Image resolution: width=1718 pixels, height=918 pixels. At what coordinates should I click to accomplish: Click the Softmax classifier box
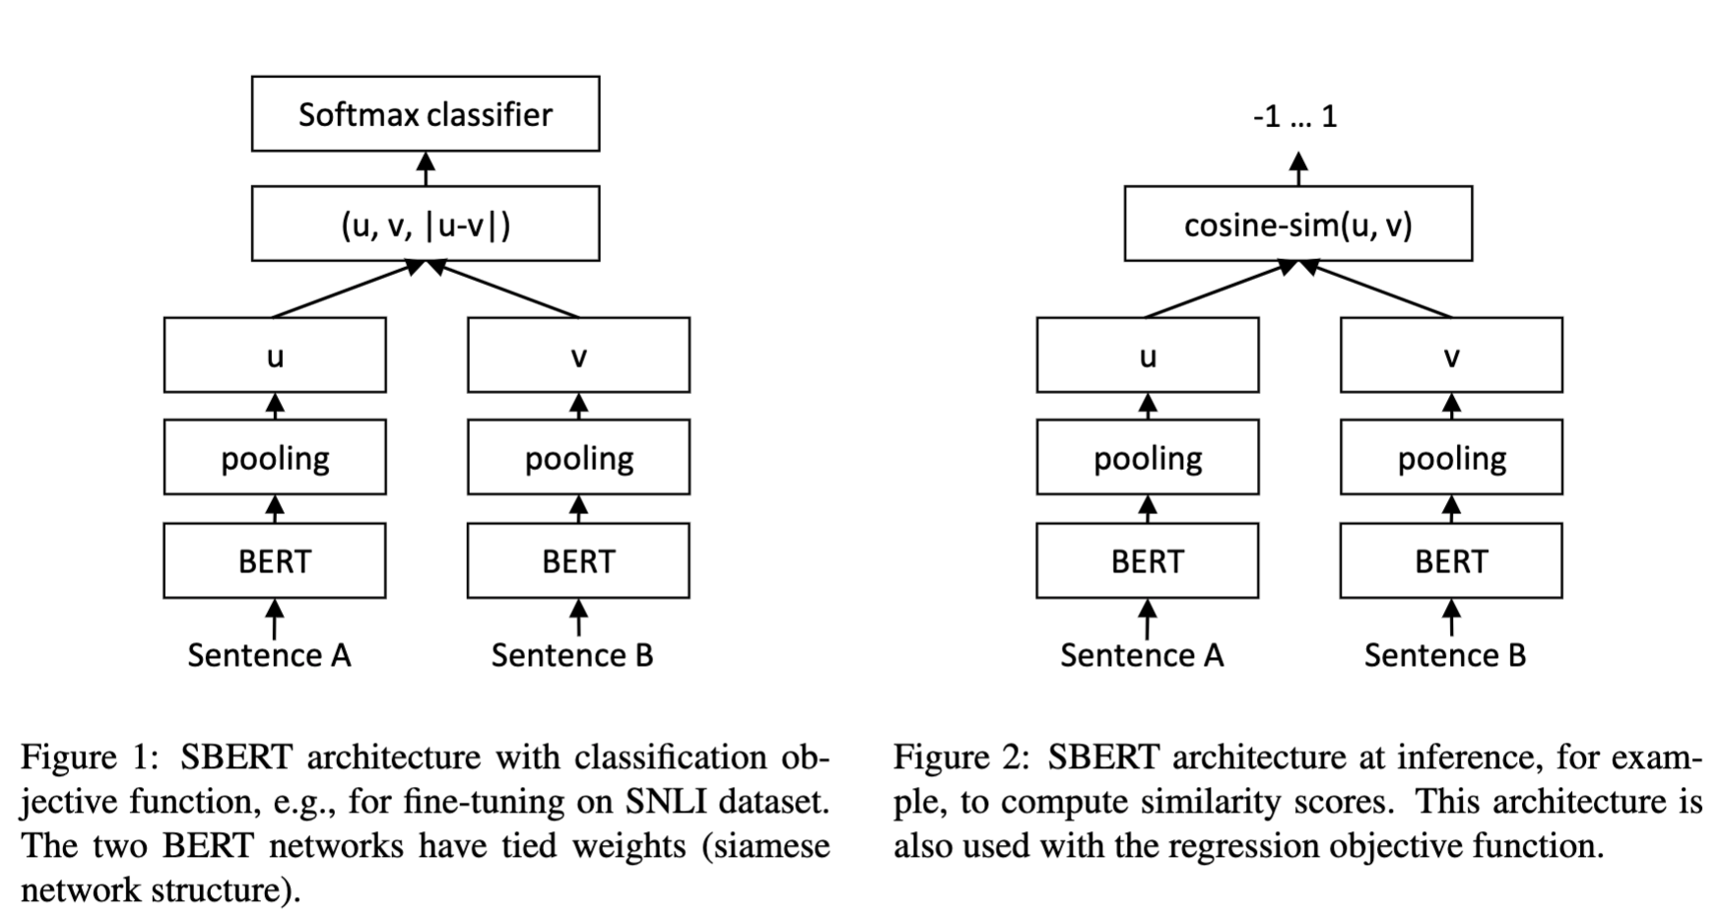click(x=426, y=114)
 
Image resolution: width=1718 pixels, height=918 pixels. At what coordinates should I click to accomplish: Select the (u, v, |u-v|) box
click(x=426, y=224)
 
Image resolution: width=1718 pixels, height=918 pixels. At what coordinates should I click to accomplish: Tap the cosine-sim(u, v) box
click(x=1298, y=224)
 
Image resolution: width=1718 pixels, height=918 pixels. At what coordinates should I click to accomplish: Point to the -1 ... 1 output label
click(x=1295, y=117)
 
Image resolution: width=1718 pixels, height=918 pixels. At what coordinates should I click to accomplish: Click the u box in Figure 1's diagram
click(x=275, y=355)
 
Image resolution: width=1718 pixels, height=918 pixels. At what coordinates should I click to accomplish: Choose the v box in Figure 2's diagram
click(x=1451, y=355)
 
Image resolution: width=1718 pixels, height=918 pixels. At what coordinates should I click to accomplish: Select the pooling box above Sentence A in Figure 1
click(x=275, y=457)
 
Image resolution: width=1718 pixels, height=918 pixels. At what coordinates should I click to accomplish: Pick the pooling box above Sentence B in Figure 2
click(x=1451, y=457)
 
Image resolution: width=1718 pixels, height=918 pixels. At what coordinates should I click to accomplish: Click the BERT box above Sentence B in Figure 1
click(x=578, y=560)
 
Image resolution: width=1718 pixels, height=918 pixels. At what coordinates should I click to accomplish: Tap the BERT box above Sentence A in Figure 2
click(x=1148, y=560)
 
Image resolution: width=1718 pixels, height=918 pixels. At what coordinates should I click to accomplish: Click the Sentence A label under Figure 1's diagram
click(x=269, y=655)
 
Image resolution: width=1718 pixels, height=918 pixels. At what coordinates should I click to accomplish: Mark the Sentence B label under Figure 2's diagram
click(x=1445, y=655)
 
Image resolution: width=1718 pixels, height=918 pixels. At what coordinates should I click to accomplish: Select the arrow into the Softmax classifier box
click(x=426, y=168)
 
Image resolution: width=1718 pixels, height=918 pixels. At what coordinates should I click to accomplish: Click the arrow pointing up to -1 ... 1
click(x=1298, y=168)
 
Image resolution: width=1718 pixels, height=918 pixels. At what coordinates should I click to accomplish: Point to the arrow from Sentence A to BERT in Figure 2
click(x=1148, y=618)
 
